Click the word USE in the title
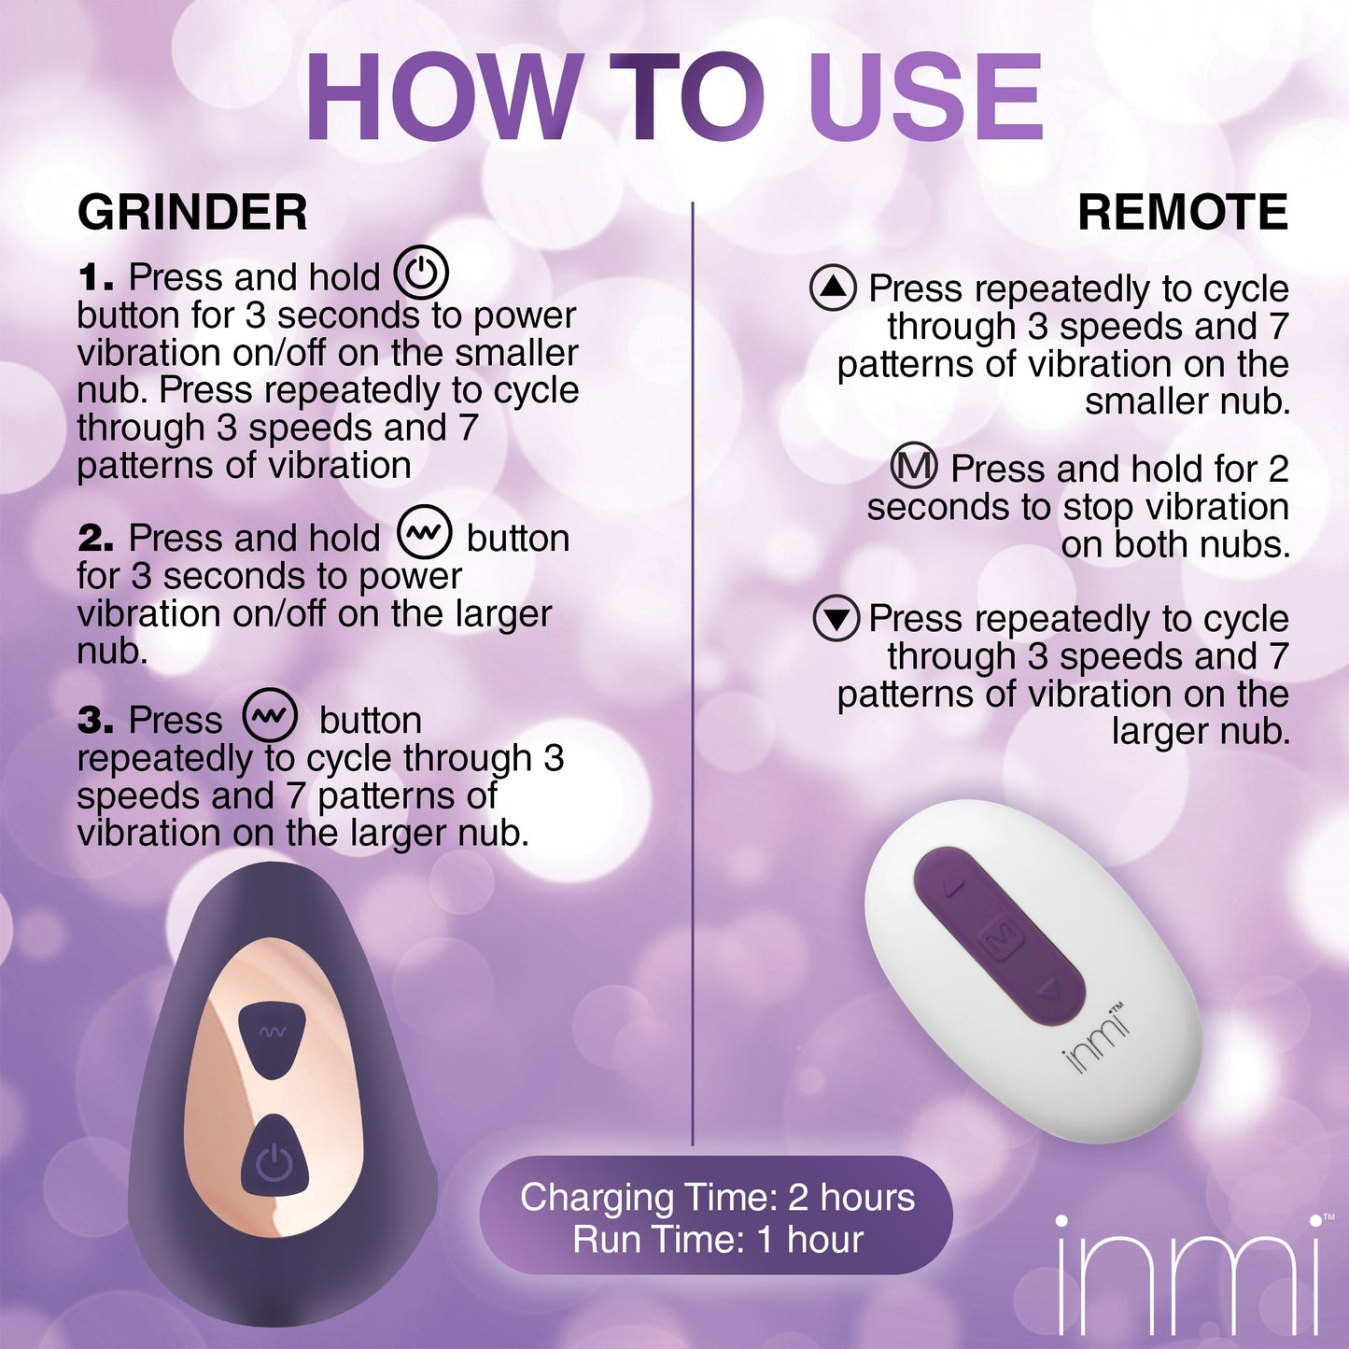click(x=925, y=98)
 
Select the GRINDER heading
click(x=192, y=213)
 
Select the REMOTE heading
click(x=1182, y=213)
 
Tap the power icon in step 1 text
click(x=421, y=274)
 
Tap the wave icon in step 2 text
click(x=425, y=534)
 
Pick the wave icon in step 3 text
click(x=270, y=716)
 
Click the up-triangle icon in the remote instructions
click(x=833, y=288)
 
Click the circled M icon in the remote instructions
click(x=913, y=466)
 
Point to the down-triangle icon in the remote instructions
click(x=836, y=618)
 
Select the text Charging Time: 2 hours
click(x=717, y=1197)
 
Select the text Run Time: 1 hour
click(x=717, y=1240)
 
